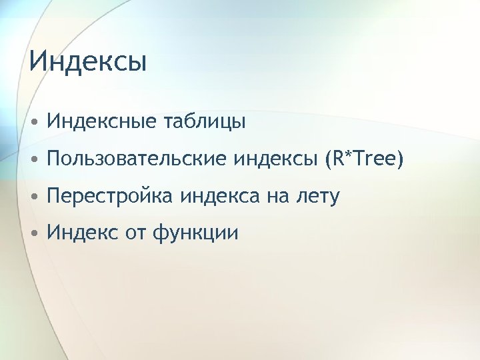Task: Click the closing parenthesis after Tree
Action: pyautogui.click(x=400, y=160)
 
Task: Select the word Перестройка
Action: pyautogui.click(x=107, y=197)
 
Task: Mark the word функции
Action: pyautogui.click(x=195, y=235)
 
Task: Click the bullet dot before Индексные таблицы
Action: pyautogui.click(x=33, y=123)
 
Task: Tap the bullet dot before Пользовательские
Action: pyautogui.click(x=33, y=160)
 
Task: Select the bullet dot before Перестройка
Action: pyautogui.click(x=33, y=197)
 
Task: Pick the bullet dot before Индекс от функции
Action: pyautogui.click(x=33, y=235)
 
